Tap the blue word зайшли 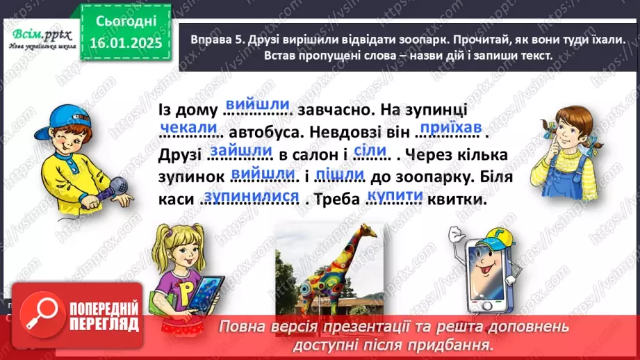pos(240,150)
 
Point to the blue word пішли pos(340,174)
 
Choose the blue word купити pos(395,197)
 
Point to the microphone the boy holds pos(116,187)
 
